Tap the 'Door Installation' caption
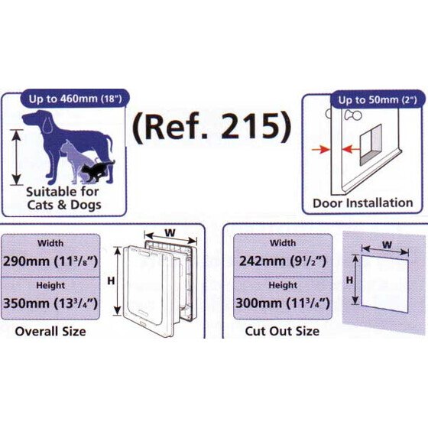(362, 203)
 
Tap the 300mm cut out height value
(282, 303)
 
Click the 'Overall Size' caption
(50, 331)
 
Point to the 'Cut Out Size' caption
(282, 331)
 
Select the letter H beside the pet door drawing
(111, 280)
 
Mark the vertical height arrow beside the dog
(16, 156)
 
